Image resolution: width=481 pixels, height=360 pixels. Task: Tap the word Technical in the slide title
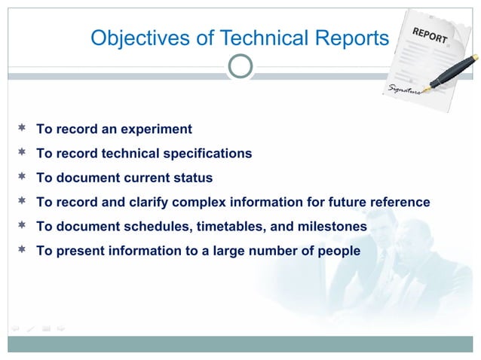coord(237,38)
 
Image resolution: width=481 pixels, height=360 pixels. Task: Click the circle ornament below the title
coord(240,66)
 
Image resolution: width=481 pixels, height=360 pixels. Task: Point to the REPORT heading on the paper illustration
coord(430,34)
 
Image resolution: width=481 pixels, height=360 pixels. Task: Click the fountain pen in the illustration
coord(452,72)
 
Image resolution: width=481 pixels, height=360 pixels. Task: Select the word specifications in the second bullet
coord(205,154)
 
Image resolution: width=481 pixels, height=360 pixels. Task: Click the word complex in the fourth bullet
coord(198,202)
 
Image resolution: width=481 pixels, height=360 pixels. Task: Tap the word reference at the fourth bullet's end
coord(397,202)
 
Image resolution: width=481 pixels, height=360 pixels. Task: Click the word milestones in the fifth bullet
coord(329,226)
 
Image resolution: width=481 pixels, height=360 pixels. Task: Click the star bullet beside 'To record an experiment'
coord(22,128)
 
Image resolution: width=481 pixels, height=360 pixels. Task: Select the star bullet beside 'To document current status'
coord(22,177)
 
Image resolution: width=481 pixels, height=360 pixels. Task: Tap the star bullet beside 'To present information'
coord(22,249)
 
